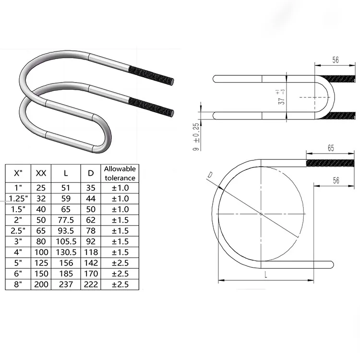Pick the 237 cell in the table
(64, 284)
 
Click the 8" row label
(18, 284)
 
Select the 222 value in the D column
(88, 284)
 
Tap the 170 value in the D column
(88, 274)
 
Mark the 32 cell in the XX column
(41, 198)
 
